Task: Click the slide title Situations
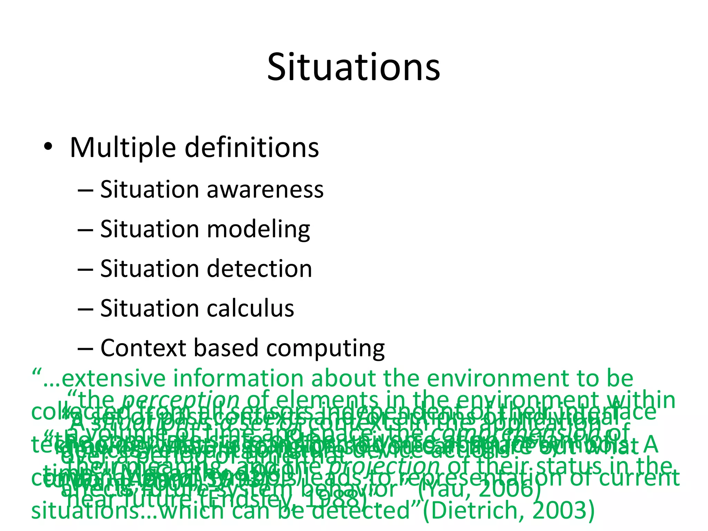coord(353,67)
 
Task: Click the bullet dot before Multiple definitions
coord(48,147)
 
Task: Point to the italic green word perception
coord(181,400)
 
